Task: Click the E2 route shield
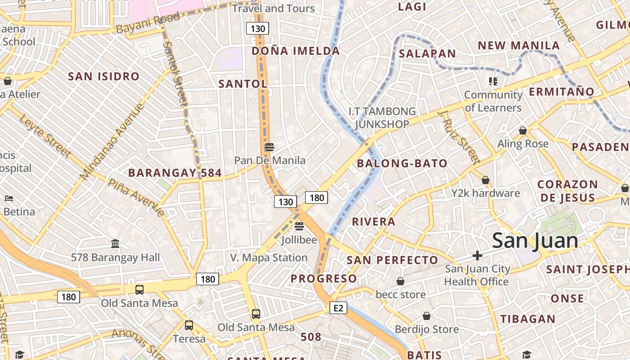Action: [x=338, y=308]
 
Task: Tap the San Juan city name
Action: [x=535, y=240]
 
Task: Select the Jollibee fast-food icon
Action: [x=299, y=226]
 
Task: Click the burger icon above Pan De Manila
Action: [x=270, y=147]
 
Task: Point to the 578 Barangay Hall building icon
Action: [x=115, y=244]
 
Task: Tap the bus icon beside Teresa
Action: [x=189, y=325]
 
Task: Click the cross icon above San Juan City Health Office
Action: [x=477, y=256]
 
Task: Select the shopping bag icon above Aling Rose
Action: [x=523, y=130]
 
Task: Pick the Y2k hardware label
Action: [x=486, y=193]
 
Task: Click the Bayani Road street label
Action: [x=148, y=23]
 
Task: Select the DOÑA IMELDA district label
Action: [x=296, y=51]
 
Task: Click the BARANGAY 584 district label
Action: [x=175, y=173]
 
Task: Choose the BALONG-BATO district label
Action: [x=402, y=163]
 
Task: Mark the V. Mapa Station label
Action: [x=269, y=258]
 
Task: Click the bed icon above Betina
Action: [x=9, y=198]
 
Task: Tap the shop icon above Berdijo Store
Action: [x=427, y=316]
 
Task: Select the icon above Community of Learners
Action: [x=493, y=81]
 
